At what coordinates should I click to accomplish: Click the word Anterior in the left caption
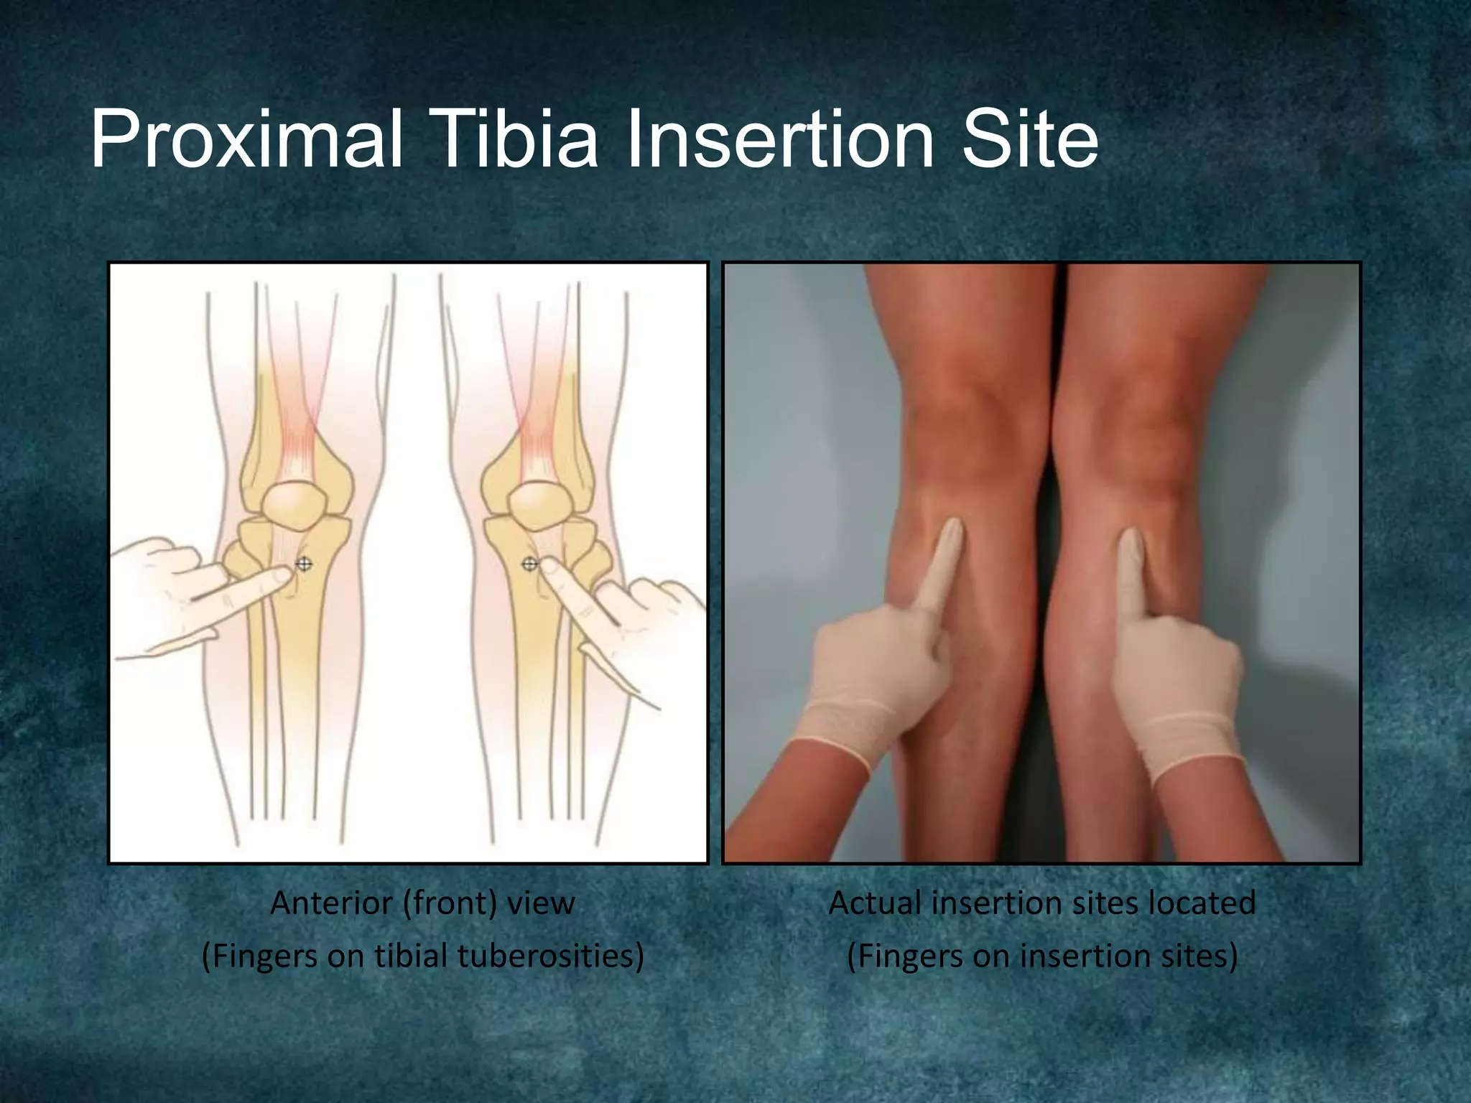331,903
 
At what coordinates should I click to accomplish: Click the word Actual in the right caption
874,903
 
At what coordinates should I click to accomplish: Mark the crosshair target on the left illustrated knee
304,564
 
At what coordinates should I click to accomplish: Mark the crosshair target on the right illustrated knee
529,564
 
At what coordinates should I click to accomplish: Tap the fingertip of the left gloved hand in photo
953,528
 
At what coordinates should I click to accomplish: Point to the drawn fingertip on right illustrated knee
550,567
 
